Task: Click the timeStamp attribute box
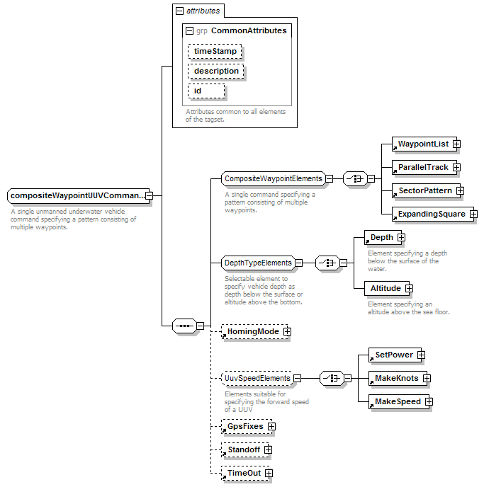pos(215,51)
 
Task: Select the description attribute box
pos(216,71)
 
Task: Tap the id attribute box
pos(206,91)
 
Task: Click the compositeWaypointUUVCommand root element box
pos(78,195)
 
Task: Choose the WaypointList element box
pos(424,144)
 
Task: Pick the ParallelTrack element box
pos(424,167)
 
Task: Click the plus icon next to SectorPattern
pos(460,190)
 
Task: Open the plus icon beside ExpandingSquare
pos(473,214)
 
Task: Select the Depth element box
pos(383,238)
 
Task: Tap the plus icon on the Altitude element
pos(409,289)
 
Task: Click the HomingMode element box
pos(254,332)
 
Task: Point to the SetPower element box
pos(395,355)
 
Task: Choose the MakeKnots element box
pos(398,378)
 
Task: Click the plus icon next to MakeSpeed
pos(429,402)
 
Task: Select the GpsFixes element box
pos(247,426)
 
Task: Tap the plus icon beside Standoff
pos(269,449)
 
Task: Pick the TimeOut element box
pos(246,474)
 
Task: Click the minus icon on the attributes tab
pos(180,11)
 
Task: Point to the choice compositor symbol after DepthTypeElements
pos(327,263)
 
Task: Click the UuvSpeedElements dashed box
pos(257,378)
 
